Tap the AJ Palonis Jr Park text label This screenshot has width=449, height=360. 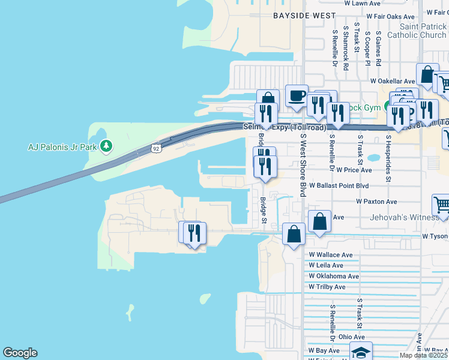point(62,146)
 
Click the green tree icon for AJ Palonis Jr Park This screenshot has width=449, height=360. point(106,146)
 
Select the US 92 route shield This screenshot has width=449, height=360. point(155,148)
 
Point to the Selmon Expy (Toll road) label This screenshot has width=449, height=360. point(285,127)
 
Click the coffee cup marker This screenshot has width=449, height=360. point(296,96)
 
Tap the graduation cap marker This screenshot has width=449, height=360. point(361,352)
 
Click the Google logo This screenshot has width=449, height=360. point(20,353)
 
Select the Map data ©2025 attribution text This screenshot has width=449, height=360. point(423,355)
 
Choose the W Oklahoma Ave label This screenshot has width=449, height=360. point(333,276)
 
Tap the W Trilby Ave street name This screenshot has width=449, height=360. point(327,287)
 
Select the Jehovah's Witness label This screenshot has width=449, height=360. point(408,217)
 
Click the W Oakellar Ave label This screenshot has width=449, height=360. point(393,81)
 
